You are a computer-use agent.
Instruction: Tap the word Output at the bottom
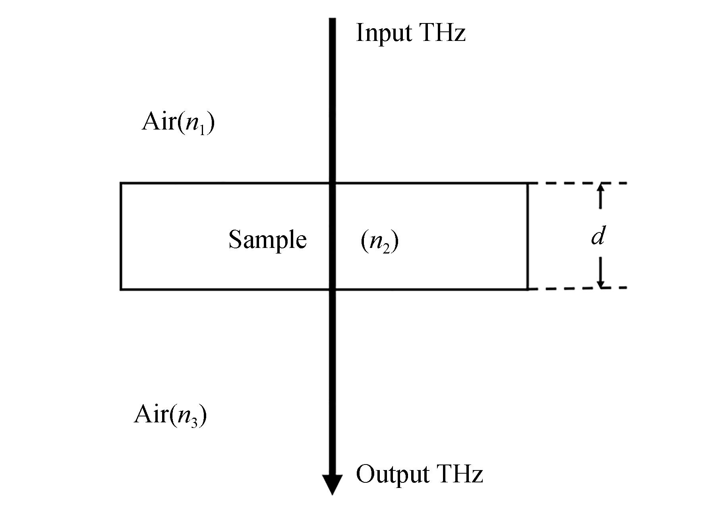(x=391, y=474)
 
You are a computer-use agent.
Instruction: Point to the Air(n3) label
(x=170, y=415)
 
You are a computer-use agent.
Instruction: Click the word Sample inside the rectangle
(x=267, y=240)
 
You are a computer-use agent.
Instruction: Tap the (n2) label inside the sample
(x=379, y=241)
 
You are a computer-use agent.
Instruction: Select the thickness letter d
(x=598, y=236)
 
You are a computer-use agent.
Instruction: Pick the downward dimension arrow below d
(x=601, y=273)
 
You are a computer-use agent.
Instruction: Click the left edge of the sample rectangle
(x=121, y=236)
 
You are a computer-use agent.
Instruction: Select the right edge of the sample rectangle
(x=528, y=236)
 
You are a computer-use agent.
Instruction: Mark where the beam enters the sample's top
(x=333, y=183)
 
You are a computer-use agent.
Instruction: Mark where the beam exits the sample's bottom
(x=333, y=289)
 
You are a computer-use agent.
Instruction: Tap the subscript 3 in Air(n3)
(x=194, y=422)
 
